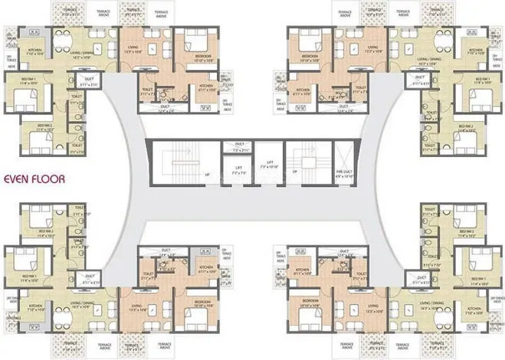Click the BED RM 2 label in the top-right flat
[x=465, y=127]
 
